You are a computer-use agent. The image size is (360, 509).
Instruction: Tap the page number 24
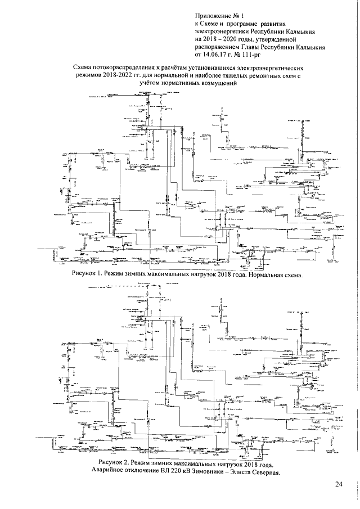[338, 485]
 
